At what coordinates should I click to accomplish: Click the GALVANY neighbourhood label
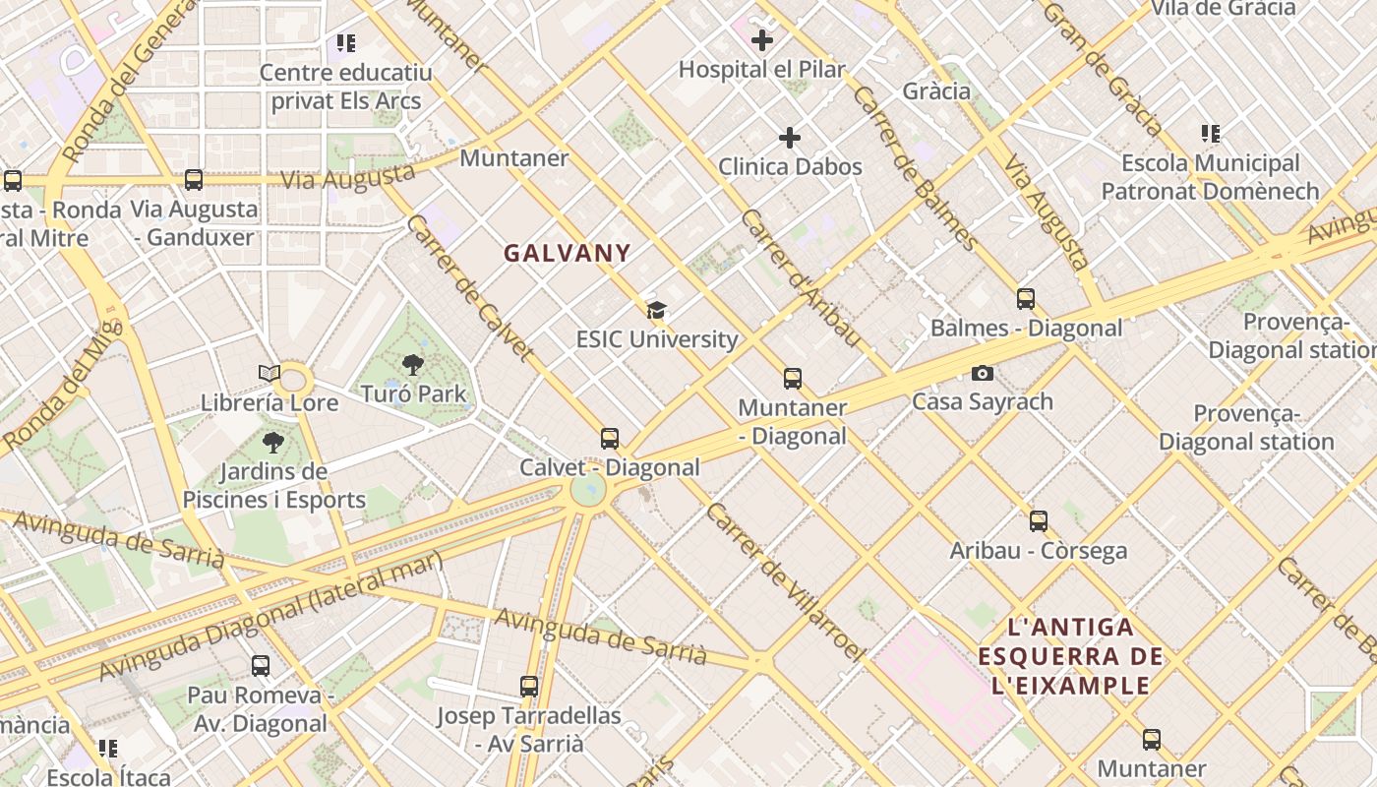tap(568, 254)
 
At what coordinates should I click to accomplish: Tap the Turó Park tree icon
tap(413, 365)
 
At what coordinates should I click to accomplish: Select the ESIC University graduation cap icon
tap(656, 311)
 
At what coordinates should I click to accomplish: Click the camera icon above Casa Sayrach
tap(982, 373)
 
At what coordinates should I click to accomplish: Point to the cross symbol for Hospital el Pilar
tap(761, 40)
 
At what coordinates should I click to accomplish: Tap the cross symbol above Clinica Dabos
tap(789, 138)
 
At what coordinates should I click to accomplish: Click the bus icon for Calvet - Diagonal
tap(610, 439)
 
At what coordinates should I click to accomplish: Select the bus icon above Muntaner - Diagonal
tap(793, 379)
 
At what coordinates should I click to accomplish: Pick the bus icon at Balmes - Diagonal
tap(1026, 299)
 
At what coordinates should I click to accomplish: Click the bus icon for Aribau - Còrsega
tap(1039, 521)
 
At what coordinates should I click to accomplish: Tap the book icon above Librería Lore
tap(269, 374)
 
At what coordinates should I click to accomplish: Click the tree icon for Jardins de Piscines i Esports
tap(273, 443)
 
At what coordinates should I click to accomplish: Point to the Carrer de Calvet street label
tap(470, 287)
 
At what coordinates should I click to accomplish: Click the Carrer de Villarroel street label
tap(784, 580)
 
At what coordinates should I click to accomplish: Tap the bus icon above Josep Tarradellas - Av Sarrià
tap(529, 687)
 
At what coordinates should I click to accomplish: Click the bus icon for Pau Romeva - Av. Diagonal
tap(261, 666)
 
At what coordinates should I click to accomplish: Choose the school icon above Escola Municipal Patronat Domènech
tap(1210, 134)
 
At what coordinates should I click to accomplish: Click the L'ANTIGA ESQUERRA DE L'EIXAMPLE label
tap(1071, 656)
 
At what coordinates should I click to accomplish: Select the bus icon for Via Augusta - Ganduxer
tap(194, 180)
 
